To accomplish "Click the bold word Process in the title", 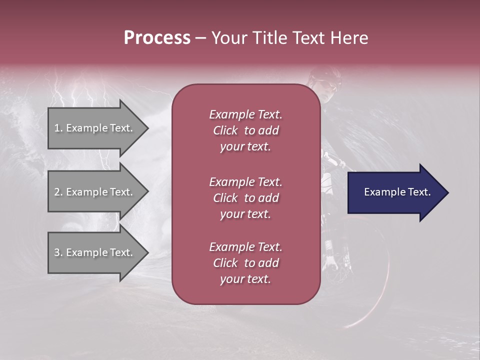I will (x=157, y=38).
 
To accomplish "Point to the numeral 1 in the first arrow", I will (x=56, y=128).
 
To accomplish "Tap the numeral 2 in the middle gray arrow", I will (x=57, y=192).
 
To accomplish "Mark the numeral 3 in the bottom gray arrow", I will (x=57, y=252).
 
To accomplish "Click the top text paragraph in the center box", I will (x=245, y=130).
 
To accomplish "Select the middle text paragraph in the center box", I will (x=245, y=198).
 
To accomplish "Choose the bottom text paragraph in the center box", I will (x=245, y=263).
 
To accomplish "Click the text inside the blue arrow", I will (x=397, y=192).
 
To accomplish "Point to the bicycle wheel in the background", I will (x=370, y=295).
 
